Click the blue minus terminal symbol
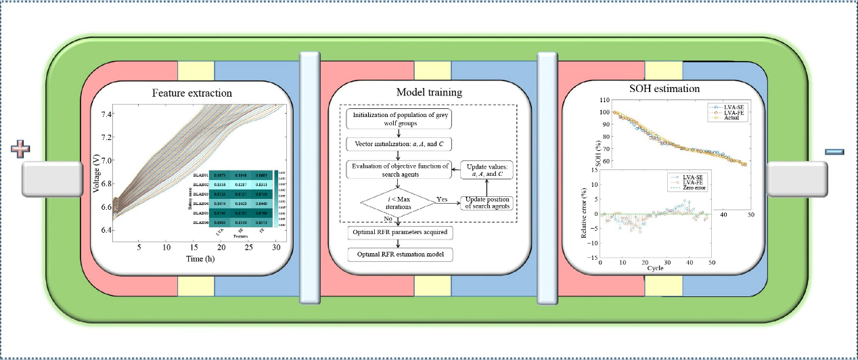(x=835, y=150)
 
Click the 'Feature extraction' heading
(x=192, y=93)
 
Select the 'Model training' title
(x=429, y=91)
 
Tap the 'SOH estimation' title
(x=666, y=88)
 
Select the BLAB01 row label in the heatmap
(x=201, y=175)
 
